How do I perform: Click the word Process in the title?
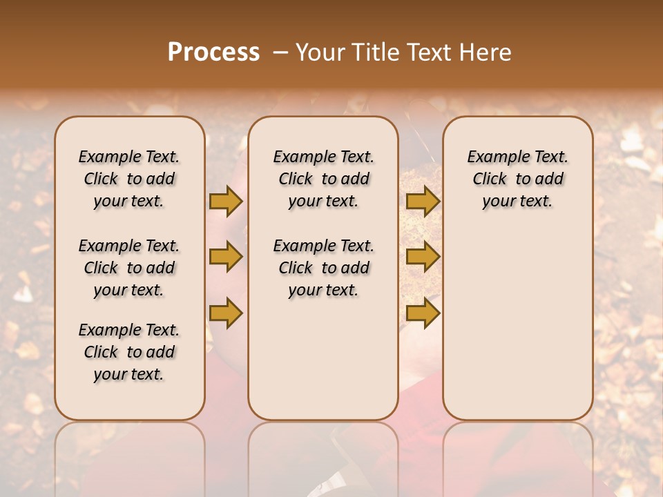213,52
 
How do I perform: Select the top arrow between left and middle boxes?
226,201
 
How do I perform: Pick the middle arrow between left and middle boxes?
226,257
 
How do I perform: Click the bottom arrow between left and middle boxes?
226,313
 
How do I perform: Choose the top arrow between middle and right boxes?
423,201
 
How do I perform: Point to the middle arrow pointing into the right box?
423,257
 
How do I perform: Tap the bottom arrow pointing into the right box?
423,313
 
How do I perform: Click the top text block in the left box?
129,179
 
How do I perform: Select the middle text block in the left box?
129,268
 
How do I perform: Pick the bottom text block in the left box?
129,352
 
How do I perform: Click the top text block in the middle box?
323,179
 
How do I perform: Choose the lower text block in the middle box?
323,268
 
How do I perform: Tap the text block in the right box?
517,179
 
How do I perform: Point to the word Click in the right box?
490,179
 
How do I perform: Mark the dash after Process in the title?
280,52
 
